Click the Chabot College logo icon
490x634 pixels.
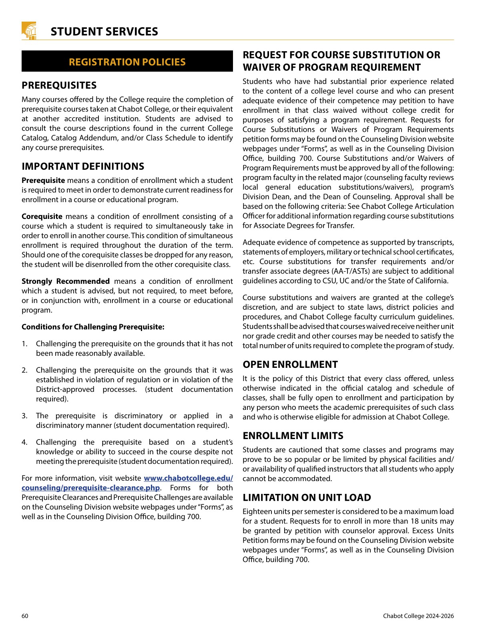point(29,31)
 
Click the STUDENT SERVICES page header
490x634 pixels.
point(104,32)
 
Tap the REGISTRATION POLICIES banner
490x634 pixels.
point(127,62)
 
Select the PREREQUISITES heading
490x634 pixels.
point(59,85)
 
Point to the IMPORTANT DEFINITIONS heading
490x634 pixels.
point(83,167)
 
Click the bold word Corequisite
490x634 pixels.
point(42,217)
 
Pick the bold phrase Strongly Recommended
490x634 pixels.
point(66,281)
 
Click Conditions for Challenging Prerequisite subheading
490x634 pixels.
point(93,327)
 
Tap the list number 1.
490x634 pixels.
point(24,344)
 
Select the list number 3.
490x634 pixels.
point(24,416)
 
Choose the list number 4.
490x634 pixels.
point(24,442)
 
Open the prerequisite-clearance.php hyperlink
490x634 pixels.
point(90,488)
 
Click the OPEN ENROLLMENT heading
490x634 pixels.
point(290,365)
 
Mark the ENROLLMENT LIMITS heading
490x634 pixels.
point(293,436)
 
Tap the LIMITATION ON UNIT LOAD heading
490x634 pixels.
point(307,498)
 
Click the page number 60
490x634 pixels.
point(25,616)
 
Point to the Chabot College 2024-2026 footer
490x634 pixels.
point(418,616)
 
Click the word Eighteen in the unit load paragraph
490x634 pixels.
point(256,512)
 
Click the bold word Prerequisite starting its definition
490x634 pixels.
point(43,181)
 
